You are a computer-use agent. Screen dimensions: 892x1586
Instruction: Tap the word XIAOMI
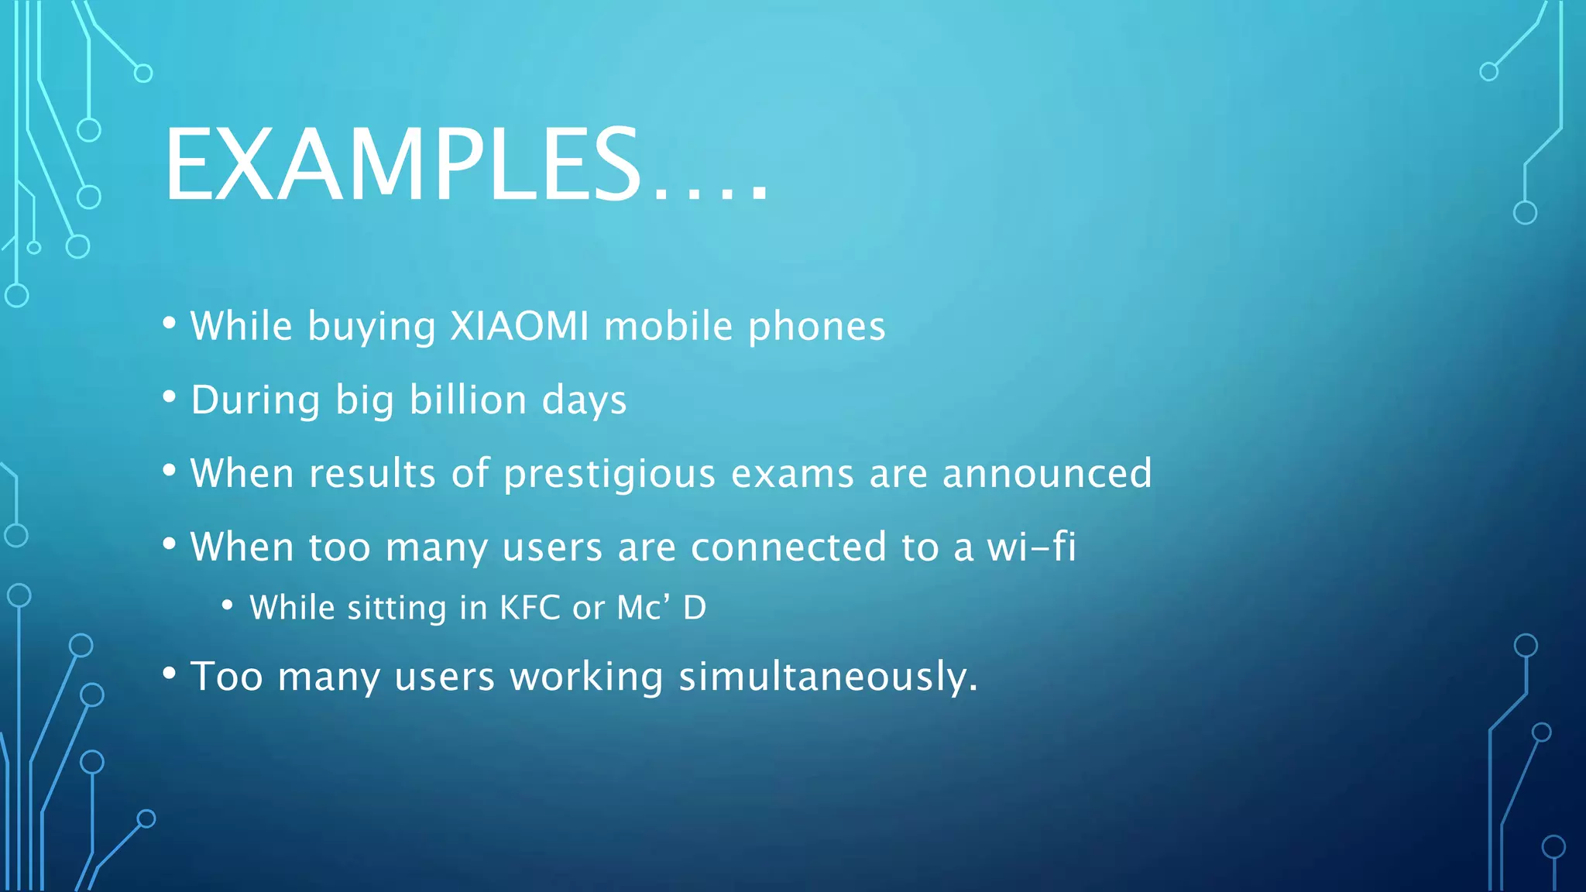520,326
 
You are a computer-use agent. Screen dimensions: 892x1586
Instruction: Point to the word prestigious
609,474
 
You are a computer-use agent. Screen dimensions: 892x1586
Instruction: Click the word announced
1047,474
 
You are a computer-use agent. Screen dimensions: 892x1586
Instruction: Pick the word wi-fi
1032,547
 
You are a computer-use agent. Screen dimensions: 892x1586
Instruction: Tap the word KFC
530,608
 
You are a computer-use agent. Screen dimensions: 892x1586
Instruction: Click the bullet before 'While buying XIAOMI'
170,324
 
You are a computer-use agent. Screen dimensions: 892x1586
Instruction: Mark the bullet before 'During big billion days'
170,397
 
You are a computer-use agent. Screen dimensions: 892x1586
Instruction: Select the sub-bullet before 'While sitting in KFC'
227,605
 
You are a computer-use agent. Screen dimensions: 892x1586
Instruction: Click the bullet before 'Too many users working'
170,674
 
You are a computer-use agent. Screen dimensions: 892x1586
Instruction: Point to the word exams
792,474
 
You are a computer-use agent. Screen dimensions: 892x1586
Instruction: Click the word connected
788,547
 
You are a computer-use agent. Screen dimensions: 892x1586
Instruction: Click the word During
255,400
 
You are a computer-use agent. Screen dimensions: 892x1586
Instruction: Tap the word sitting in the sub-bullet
396,608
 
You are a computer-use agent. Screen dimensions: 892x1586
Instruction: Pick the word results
372,474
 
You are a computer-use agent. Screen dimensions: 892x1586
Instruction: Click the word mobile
668,326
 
